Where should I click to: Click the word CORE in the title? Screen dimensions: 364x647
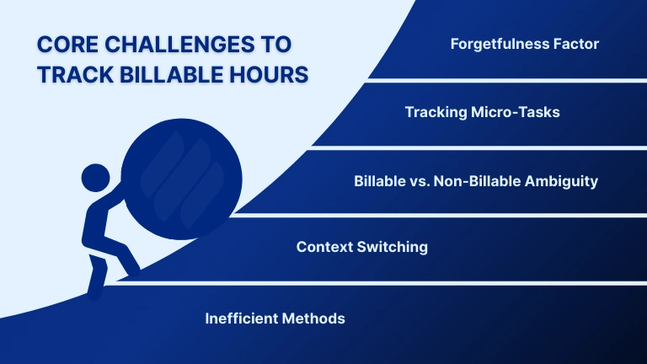point(64,44)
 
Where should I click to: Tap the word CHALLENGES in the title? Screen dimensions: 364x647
point(180,44)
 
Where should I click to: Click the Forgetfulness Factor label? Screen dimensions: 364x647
point(525,44)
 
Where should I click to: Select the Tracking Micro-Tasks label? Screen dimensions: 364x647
point(482,112)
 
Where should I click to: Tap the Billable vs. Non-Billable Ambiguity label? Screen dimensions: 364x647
point(475,180)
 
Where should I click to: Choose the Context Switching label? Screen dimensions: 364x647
point(362,247)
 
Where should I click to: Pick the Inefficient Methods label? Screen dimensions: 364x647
point(275,318)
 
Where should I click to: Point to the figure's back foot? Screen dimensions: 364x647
point(94,291)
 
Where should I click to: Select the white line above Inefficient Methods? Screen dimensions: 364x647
point(379,282)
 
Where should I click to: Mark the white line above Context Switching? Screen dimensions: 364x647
point(438,215)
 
